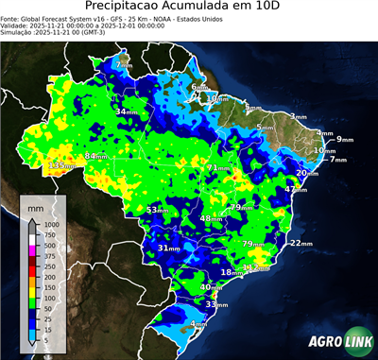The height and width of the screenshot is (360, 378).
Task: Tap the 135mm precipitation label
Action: [x=61, y=166]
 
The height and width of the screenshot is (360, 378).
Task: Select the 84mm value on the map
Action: [x=97, y=156]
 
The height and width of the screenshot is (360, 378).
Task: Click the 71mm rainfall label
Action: [x=218, y=168]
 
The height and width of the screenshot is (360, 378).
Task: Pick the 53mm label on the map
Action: [x=160, y=210]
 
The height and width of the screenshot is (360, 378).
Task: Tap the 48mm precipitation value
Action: [x=212, y=219]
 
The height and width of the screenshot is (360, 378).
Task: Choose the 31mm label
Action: [x=168, y=249]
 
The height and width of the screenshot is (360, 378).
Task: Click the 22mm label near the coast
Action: [x=301, y=243]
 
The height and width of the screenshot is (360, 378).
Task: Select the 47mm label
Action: [x=297, y=190]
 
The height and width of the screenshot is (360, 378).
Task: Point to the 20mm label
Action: [x=307, y=173]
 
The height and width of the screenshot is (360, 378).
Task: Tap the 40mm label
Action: [x=213, y=287]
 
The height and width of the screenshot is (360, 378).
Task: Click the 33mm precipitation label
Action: [x=217, y=305]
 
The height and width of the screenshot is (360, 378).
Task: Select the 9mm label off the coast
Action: [x=344, y=139]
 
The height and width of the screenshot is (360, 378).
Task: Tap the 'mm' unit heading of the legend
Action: [x=35, y=206]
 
